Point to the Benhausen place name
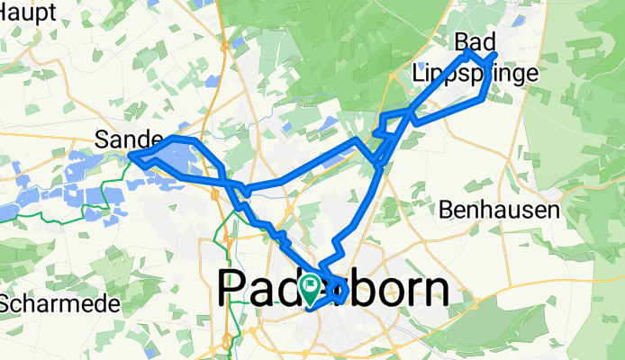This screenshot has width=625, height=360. [x=500, y=211]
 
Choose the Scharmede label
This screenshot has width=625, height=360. [x=59, y=304]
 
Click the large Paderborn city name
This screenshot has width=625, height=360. [x=333, y=290]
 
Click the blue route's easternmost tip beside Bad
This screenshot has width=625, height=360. [x=496, y=56]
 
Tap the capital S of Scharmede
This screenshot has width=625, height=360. [x=6, y=304]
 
